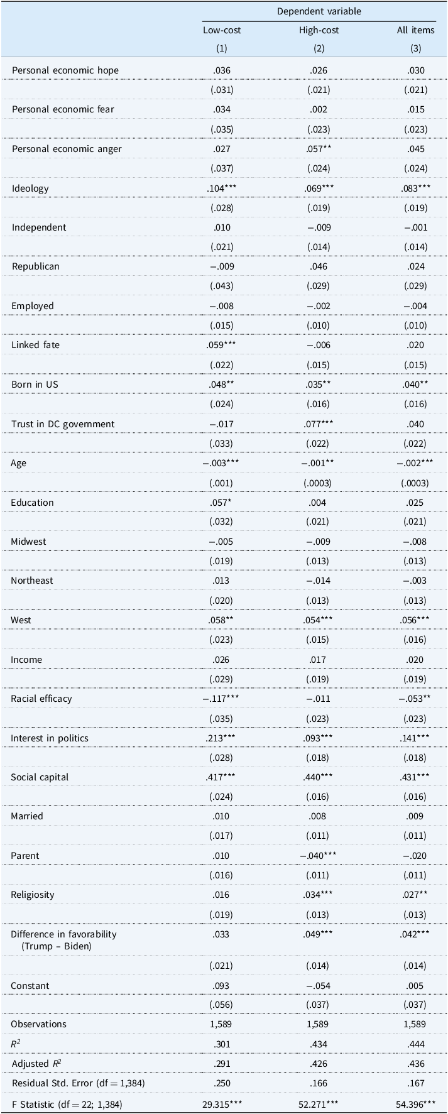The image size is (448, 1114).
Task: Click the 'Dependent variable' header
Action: pos(319,11)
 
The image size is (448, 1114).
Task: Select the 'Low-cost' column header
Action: pos(222,30)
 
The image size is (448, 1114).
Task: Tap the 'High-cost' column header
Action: pos(319,30)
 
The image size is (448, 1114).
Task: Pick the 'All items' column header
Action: pos(415,30)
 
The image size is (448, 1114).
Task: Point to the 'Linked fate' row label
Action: pos(36,345)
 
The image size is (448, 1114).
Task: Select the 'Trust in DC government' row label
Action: pos(63,424)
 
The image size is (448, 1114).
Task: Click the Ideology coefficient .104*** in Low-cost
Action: pos(222,188)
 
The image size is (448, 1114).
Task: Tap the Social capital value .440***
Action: pos(319,777)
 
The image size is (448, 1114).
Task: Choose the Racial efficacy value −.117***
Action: pos(221,699)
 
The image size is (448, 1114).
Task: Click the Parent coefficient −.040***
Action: pos(319,856)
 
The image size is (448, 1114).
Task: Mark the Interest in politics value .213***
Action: pos(222,738)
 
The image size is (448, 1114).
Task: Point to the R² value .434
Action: pos(319,1044)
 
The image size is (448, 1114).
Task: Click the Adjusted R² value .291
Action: pos(222,1064)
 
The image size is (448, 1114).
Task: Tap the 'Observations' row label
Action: pos(38,1024)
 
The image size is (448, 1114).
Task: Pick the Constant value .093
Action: pos(222,986)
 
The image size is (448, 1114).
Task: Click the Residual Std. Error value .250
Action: pos(222,1084)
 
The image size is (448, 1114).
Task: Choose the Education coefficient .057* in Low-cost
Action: pos(222,503)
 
